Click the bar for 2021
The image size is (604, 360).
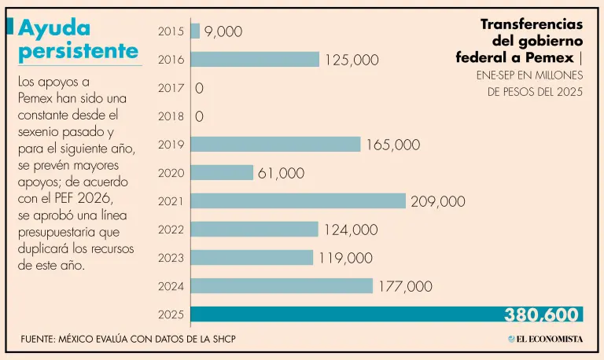pos(298,200)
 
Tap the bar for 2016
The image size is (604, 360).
pos(255,59)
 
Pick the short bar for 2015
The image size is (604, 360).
pos(195,31)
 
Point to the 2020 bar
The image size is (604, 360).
pos(222,172)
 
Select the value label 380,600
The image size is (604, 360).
pos(543,315)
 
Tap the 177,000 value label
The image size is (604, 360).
pos(405,286)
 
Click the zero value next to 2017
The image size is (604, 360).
pos(199,88)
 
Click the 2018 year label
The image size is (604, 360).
pos(171,116)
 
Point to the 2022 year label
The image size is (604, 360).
pos(171,230)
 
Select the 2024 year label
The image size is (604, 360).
pos(171,286)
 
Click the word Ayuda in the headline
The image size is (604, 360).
pos(54,28)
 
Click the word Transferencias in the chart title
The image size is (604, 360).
pos(532,24)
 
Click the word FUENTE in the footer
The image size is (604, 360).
pos(42,339)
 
